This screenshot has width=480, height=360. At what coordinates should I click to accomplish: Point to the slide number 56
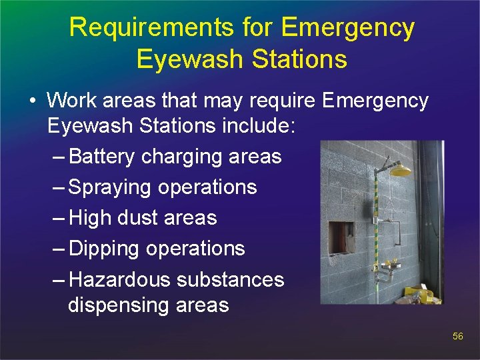point(457,337)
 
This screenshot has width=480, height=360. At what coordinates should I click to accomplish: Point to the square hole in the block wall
point(342,237)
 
